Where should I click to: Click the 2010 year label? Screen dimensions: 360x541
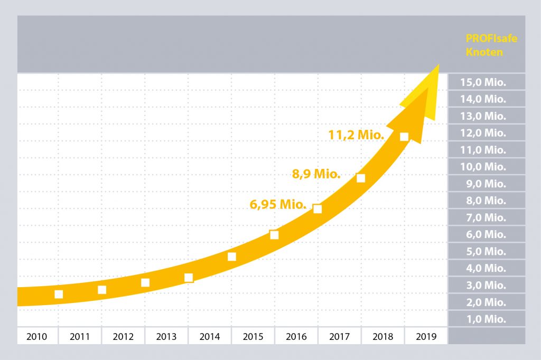tap(36, 336)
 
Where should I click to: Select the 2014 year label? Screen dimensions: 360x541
tap(210, 336)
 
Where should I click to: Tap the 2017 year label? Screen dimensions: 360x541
tap(340, 336)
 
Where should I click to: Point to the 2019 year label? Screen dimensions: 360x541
tap(426, 336)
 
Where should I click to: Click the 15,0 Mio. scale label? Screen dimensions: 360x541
tap(483, 82)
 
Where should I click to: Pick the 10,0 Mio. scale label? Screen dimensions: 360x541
tap(483, 167)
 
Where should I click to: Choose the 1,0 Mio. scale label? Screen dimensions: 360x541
tap(483, 319)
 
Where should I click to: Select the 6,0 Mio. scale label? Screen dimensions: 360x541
tap(483, 234)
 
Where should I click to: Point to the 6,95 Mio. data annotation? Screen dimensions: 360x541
tap(278, 204)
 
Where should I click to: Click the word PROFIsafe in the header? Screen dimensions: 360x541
tap(491, 39)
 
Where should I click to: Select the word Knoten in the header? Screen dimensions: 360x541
tap(484, 52)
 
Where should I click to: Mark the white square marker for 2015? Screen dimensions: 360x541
tap(274, 235)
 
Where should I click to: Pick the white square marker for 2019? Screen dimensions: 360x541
tap(404, 137)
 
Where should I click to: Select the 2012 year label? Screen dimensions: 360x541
tap(123, 336)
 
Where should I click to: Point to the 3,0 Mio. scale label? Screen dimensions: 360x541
tap(483, 286)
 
